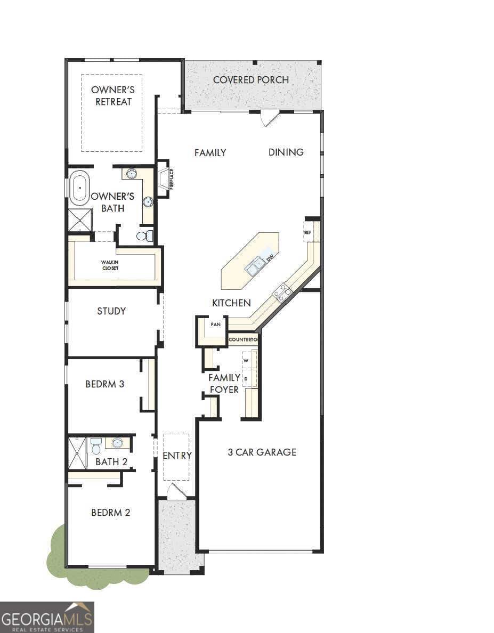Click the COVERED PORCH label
(x=250, y=80)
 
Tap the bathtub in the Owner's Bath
(x=79, y=188)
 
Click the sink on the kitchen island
(x=255, y=265)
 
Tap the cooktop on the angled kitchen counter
(x=282, y=292)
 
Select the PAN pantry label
(x=216, y=324)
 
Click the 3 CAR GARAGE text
(x=262, y=452)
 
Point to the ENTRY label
(x=177, y=456)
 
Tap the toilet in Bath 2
(x=96, y=445)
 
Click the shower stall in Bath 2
(x=77, y=453)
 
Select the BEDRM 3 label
(x=105, y=384)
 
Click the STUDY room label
(x=111, y=311)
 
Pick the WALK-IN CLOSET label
(x=111, y=265)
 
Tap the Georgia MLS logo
(x=47, y=617)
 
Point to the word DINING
(x=286, y=152)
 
